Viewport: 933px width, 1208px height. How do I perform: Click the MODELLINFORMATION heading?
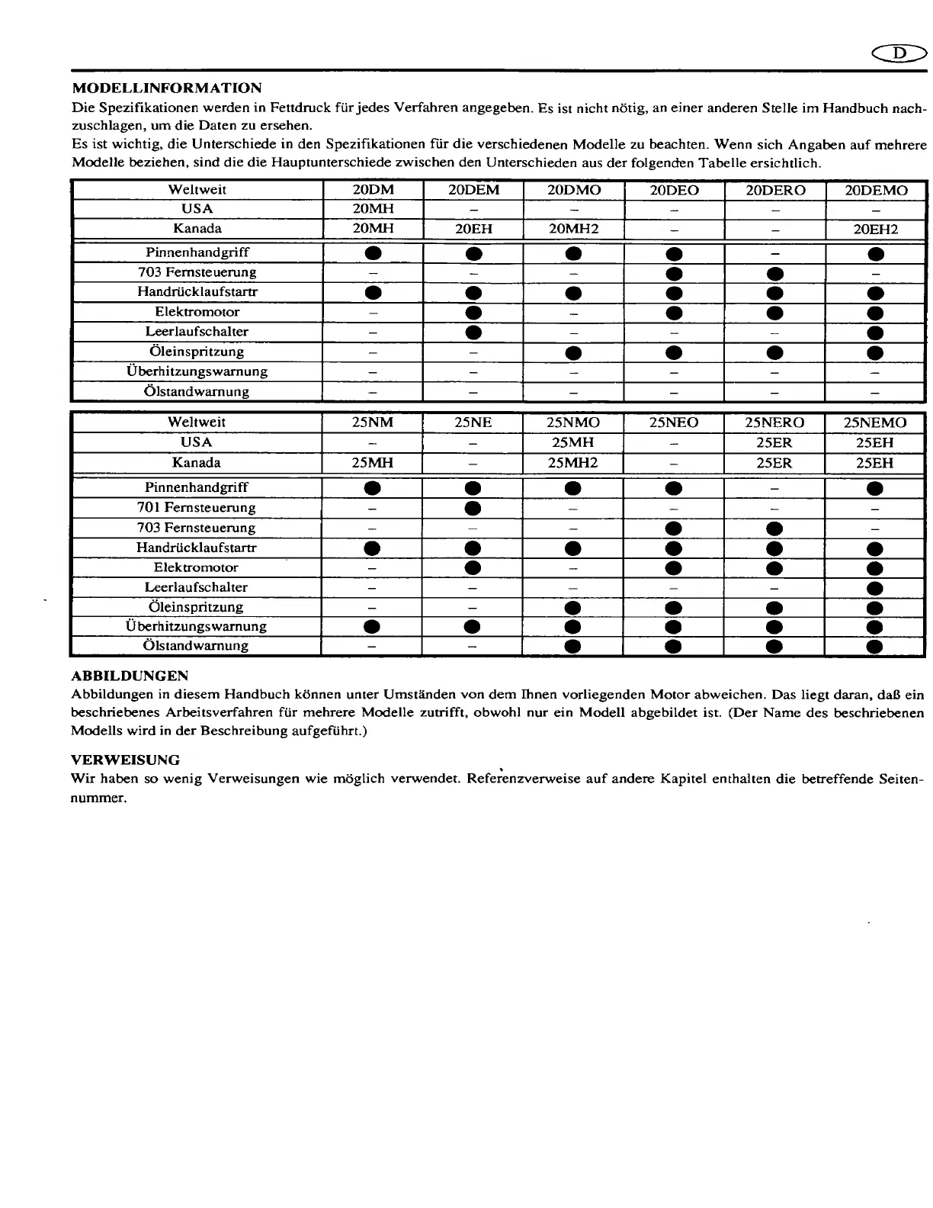coord(166,88)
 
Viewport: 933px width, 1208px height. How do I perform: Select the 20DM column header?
coord(374,190)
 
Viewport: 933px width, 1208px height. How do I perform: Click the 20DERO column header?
coord(774,190)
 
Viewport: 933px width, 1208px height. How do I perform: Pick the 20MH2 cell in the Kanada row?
coord(573,229)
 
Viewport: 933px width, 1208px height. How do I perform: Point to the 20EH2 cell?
coord(876,229)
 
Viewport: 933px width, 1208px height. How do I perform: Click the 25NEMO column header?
coord(875,422)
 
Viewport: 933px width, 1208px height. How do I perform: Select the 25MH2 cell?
coord(573,463)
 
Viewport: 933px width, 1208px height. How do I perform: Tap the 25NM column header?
coord(372,422)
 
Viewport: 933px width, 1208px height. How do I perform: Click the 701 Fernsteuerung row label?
coord(196,507)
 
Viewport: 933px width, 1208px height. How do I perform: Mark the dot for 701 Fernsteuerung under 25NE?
coord(473,508)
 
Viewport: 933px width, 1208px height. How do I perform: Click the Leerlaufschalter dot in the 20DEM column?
coord(473,332)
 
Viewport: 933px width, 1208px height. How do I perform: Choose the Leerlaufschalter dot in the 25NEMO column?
coord(875,588)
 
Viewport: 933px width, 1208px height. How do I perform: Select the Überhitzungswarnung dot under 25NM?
coord(372,627)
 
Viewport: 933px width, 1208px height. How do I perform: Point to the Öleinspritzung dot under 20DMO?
coord(573,352)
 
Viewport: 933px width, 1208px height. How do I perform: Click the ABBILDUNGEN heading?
coord(130,676)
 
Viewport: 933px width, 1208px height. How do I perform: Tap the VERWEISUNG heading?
coord(125,760)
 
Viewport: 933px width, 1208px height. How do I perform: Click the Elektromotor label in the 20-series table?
coord(197,312)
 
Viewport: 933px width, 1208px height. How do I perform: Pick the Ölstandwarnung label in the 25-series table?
coord(196,646)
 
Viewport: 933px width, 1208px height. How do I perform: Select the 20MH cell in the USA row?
coord(374,209)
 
